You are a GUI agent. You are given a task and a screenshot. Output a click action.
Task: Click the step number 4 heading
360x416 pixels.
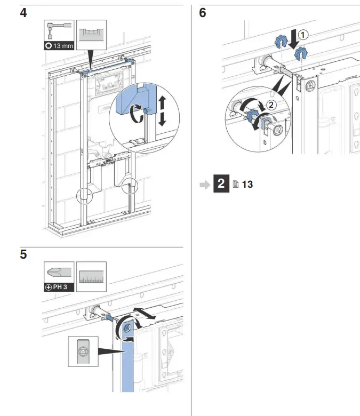tap(23, 12)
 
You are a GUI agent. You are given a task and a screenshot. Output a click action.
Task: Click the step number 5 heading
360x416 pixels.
tap(23, 254)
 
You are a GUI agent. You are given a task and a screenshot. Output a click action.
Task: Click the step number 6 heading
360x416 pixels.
tap(203, 12)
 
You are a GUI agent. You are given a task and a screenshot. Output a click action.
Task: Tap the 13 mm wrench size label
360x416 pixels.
tap(59, 46)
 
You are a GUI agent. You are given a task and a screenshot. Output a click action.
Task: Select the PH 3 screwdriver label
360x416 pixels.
tap(59, 287)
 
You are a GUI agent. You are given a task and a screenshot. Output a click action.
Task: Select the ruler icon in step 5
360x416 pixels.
tap(91, 276)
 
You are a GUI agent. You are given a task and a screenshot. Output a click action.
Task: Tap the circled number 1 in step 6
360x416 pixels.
tap(302, 35)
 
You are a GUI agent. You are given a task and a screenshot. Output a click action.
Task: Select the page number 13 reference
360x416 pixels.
tap(247, 185)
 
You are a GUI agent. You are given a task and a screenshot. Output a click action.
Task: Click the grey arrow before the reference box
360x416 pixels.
tap(205, 185)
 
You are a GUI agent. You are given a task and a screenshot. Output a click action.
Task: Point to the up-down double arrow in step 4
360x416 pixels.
tap(163, 111)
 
